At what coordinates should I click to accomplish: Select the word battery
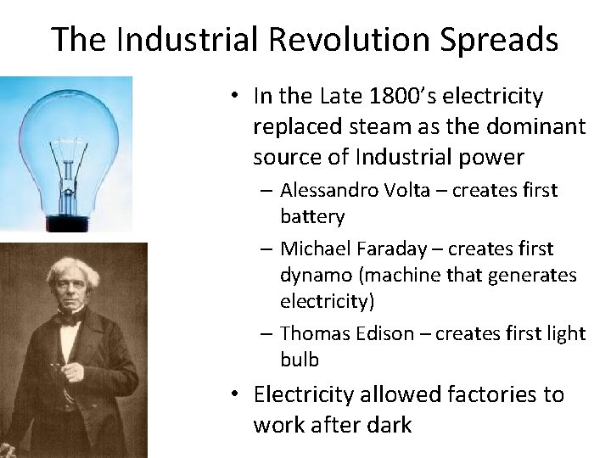click(312, 216)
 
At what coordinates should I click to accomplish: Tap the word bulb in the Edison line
click(300, 360)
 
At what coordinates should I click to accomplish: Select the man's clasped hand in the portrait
click(71, 371)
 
